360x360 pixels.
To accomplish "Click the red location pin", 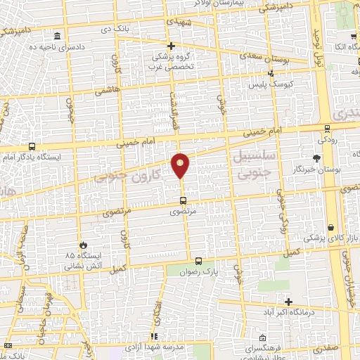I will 181,165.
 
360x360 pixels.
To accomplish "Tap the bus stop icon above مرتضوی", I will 184,200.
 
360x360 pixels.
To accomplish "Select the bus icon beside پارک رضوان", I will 198,260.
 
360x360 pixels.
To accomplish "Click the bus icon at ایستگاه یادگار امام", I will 32,147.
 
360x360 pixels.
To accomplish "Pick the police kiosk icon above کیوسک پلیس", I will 271,72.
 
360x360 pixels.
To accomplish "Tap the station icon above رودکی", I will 327,128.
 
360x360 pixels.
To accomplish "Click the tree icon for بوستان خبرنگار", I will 317,158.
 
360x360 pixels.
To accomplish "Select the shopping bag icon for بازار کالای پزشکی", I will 330,229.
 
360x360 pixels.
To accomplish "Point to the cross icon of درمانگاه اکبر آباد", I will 289,301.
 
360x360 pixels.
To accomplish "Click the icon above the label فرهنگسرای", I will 262,337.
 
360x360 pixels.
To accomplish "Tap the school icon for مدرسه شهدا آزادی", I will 154,337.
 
